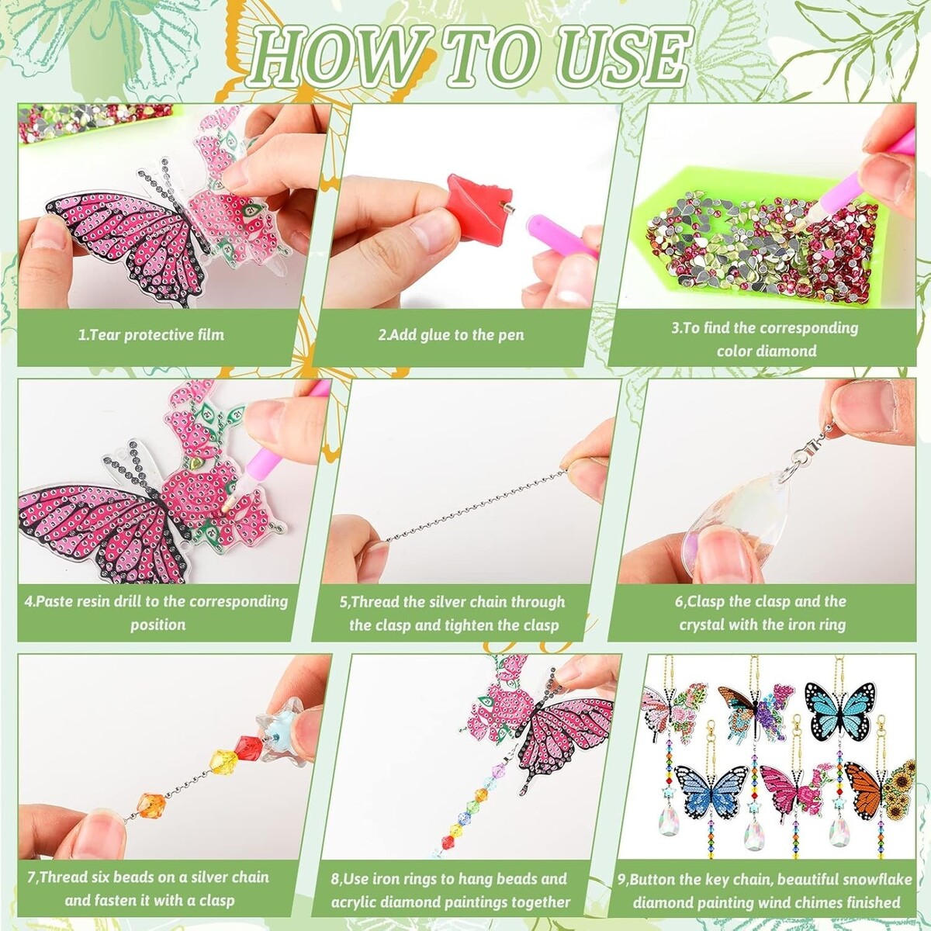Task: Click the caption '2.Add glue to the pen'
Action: tap(451, 335)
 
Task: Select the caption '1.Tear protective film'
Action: tap(151, 335)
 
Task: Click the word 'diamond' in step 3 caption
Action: tap(790, 351)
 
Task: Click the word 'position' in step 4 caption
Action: tap(158, 625)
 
